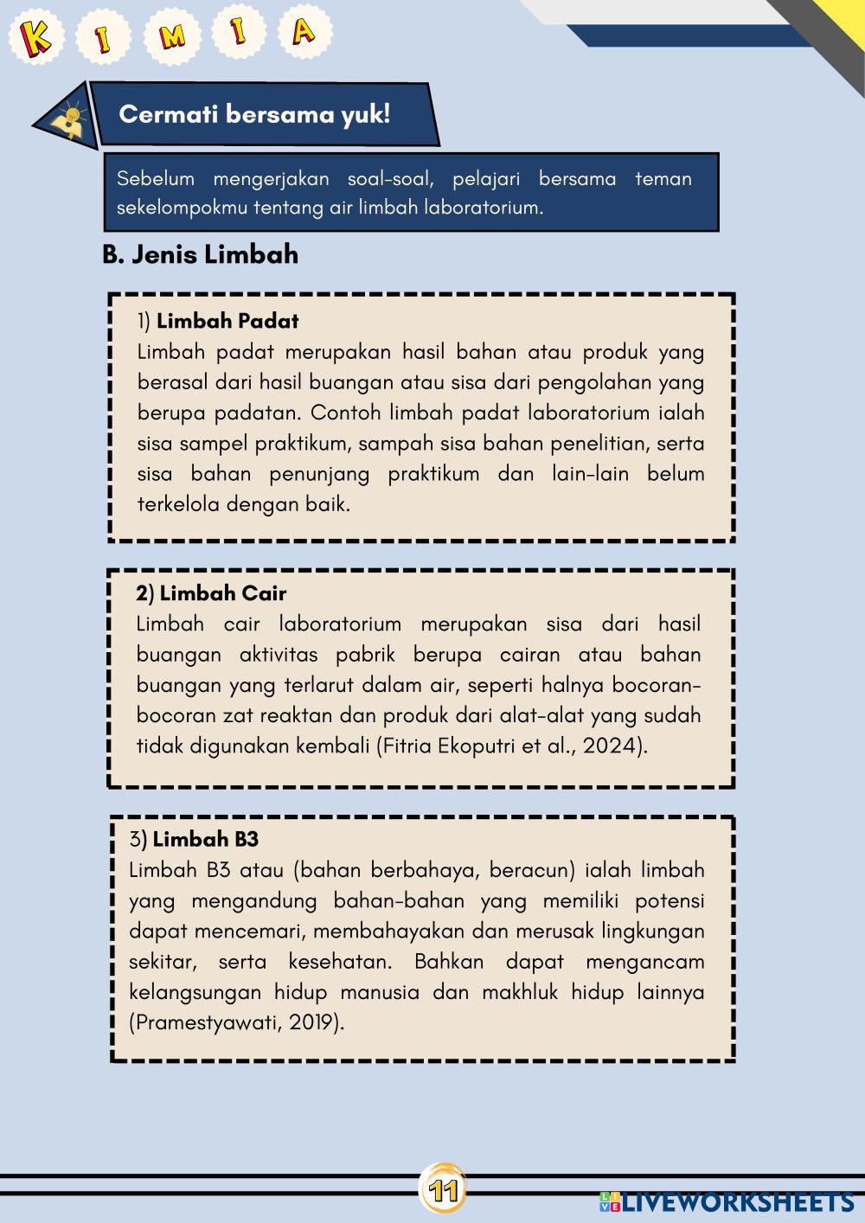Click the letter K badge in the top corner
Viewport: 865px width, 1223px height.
pos(35,36)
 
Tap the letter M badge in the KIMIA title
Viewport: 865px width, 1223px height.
pos(172,36)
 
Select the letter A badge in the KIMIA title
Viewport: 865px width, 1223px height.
pos(304,33)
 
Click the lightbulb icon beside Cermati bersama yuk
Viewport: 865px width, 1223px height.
pos(69,118)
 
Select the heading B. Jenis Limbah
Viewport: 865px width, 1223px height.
pos(200,254)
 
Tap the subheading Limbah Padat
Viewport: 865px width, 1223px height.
pos(227,321)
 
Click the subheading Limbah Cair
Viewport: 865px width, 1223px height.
pos(222,593)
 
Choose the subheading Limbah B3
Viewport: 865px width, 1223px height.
pos(205,839)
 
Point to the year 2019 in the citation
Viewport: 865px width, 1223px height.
pos(311,1022)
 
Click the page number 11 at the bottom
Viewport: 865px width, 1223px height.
pos(443,1191)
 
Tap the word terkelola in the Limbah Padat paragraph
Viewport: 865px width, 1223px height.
pos(178,503)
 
